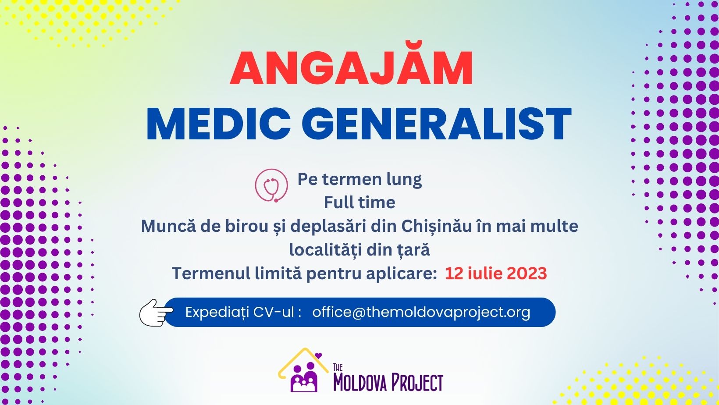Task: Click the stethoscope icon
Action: (271, 185)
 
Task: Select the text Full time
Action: (359, 202)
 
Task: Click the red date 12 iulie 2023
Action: (496, 274)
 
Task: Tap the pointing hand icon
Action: (156, 313)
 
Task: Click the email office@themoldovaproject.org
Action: (421, 312)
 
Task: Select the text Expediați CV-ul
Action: (240, 312)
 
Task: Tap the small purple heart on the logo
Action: (318, 355)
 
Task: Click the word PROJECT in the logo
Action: (417, 382)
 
